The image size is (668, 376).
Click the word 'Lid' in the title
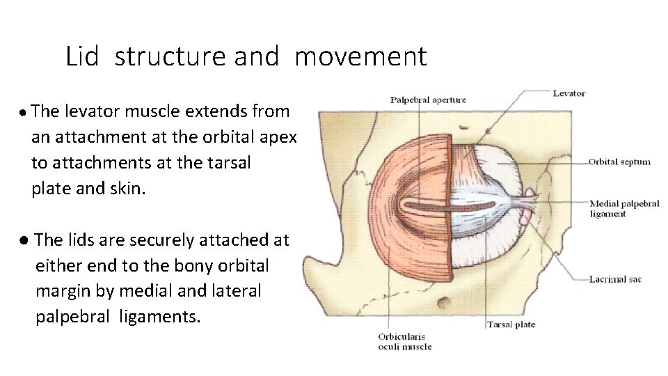click(83, 56)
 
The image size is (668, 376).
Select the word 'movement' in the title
click(360, 56)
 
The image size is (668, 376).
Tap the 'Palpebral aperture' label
click(428, 100)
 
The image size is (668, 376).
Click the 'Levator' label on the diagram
click(569, 93)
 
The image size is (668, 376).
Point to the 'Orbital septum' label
click(619, 162)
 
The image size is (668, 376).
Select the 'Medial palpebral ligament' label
click(623, 209)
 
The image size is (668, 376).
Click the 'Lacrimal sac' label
click(615, 279)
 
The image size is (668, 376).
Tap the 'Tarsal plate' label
click(511, 324)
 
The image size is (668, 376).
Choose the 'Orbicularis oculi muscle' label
click(404, 341)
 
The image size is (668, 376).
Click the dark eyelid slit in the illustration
click(452, 206)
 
